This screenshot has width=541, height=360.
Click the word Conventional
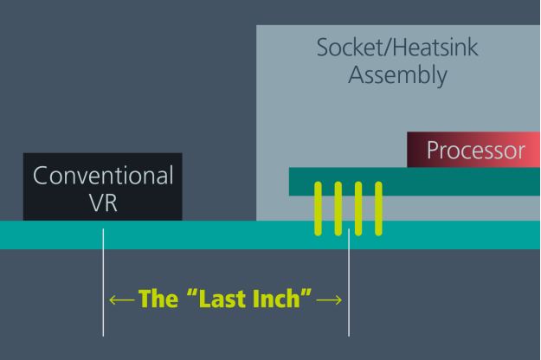tap(103, 175)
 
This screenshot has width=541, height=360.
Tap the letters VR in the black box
tap(103, 202)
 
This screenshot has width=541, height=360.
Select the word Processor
tap(476, 151)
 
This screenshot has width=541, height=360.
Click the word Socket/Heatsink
tap(397, 48)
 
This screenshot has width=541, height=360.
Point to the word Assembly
tap(397, 75)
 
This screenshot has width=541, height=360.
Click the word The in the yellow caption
tap(158, 299)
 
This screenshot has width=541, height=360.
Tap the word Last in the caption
tap(220, 299)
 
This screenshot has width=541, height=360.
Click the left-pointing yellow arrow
tap(122, 300)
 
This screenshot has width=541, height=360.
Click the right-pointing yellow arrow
tap(329, 300)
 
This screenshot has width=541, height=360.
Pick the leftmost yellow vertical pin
tap(319, 209)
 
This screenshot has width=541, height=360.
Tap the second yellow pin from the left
tap(338, 209)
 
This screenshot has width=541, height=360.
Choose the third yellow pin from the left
tap(358, 209)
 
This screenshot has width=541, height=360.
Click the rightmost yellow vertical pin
tap(378, 209)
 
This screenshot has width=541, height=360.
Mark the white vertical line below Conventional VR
tap(103, 282)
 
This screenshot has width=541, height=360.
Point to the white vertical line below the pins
tap(349, 282)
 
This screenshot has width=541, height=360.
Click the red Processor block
tap(473, 150)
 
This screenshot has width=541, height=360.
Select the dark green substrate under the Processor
tap(415, 182)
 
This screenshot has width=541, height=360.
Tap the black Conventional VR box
tap(103, 187)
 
